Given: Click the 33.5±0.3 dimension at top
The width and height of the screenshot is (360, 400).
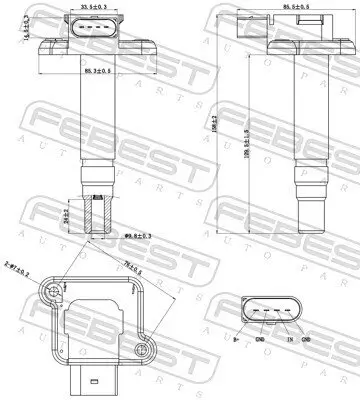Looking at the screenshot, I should tap(98, 7).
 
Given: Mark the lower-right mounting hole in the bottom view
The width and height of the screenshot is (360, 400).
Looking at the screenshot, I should tap(146, 347).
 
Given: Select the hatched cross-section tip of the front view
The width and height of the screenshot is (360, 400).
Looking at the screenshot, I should tap(97, 212).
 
